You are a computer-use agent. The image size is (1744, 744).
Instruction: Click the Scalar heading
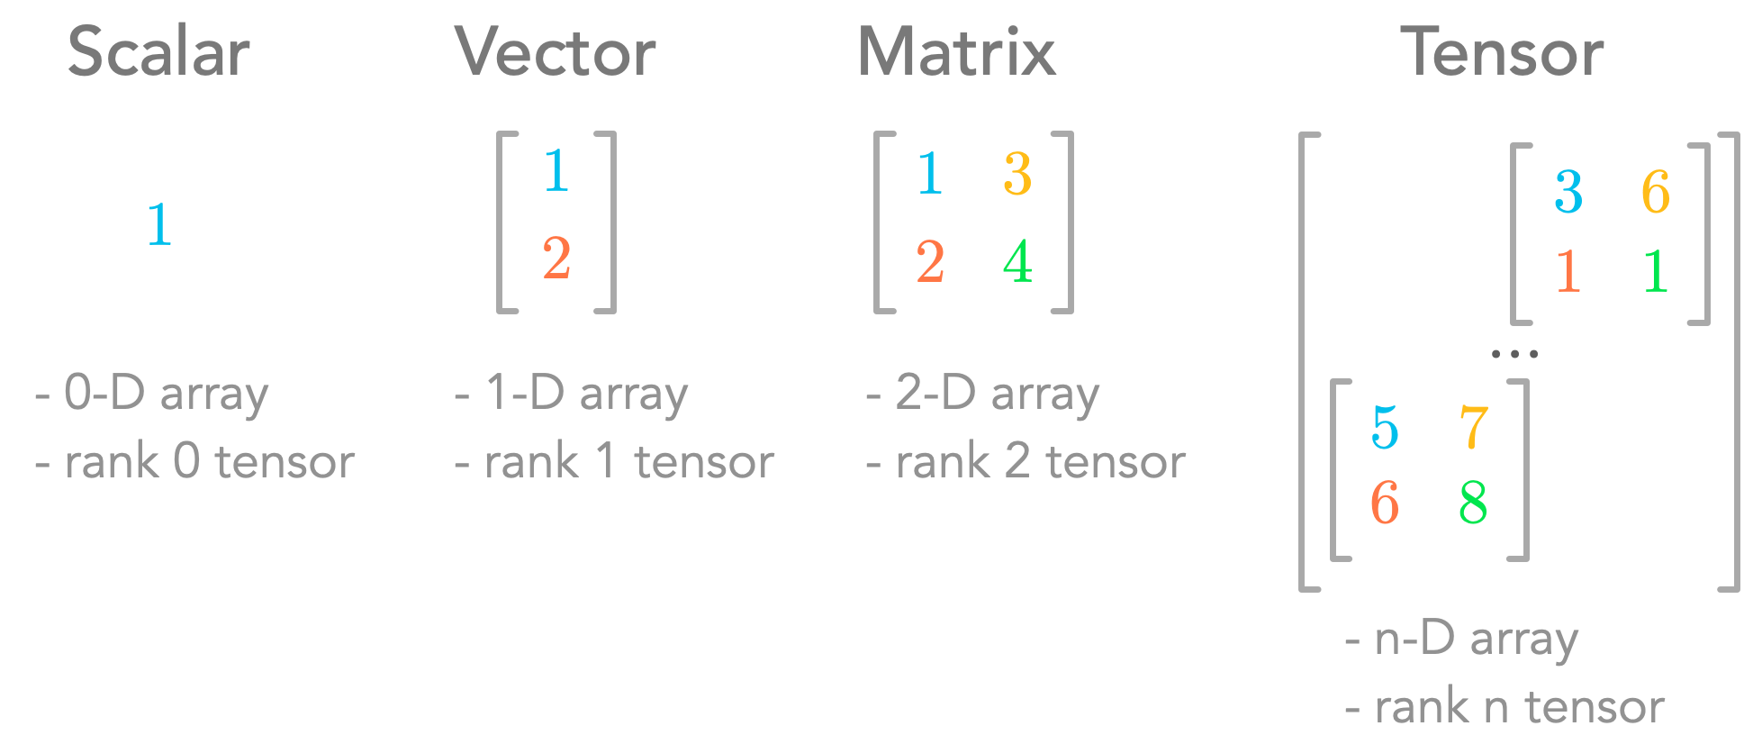tap(158, 52)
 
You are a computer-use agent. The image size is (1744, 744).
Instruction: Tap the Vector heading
tap(556, 52)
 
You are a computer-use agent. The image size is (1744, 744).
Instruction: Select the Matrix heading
tap(957, 52)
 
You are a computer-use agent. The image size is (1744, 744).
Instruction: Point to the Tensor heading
tap(1502, 52)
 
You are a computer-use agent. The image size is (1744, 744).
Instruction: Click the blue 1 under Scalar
tap(159, 224)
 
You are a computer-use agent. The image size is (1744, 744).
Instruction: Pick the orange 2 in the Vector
tap(556, 259)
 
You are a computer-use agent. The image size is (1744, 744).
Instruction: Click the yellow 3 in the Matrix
tap(1017, 174)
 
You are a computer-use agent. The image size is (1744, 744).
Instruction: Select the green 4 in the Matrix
tap(1017, 262)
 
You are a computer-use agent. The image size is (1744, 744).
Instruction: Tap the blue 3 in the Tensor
tap(1568, 192)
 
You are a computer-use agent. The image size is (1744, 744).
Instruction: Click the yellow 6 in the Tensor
tap(1656, 192)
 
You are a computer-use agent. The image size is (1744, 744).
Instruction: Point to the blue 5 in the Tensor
tap(1385, 428)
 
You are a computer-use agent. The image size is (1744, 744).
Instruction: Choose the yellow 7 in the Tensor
tap(1473, 428)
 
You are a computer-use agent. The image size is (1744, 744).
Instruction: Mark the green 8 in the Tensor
tap(1473, 503)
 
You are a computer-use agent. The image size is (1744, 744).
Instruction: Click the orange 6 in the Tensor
tap(1385, 503)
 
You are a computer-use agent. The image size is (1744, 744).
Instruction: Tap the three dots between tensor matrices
tap(1514, 354)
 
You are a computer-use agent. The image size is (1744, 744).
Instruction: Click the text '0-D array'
tap(166, 394)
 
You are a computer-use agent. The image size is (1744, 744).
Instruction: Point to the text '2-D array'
tap(997, 394)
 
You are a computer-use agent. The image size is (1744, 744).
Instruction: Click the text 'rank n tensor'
tap(1519, 707)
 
